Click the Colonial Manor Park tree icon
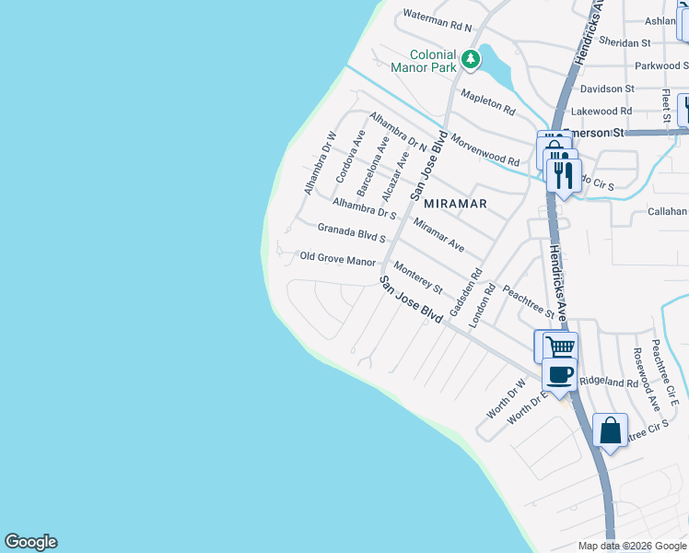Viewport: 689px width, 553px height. click(471, 60)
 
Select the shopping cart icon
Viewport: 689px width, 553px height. click(559, 347)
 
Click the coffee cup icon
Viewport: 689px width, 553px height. click(559, 374)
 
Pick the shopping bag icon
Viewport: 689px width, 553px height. click(610, 430)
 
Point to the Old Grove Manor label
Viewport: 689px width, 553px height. click(338, 260)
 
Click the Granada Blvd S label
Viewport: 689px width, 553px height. click(351, 232)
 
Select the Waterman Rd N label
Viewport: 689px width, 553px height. click(437, 21)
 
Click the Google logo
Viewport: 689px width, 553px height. click(30, 542)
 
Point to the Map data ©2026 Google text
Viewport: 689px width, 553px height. click(631, 546)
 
